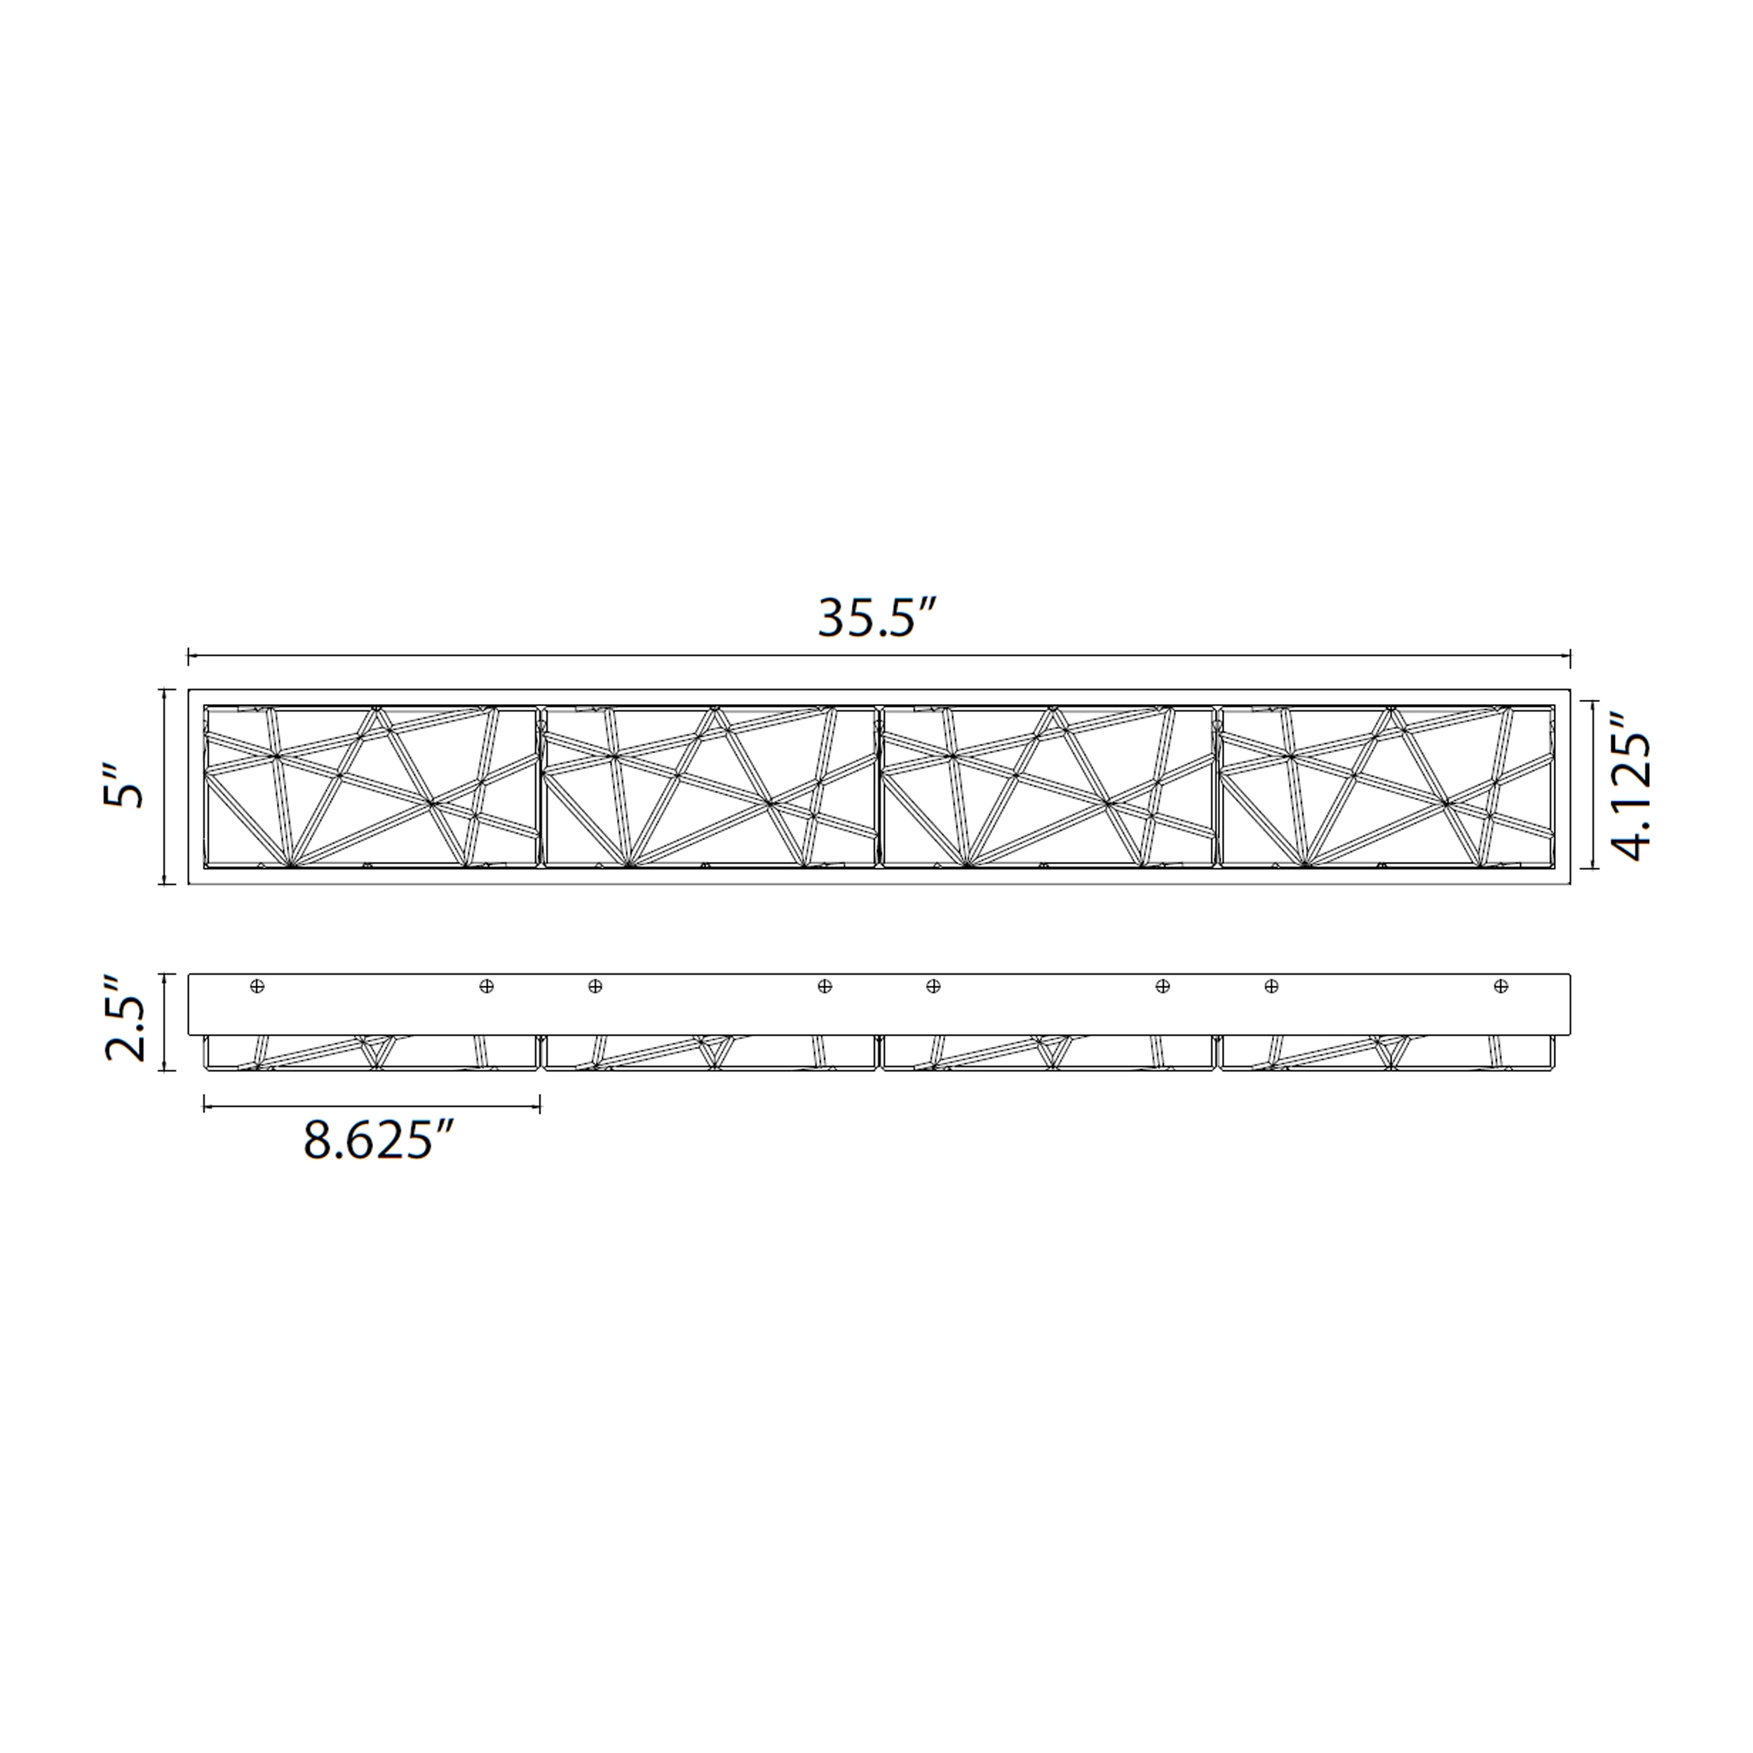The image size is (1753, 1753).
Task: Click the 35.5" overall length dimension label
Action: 876,619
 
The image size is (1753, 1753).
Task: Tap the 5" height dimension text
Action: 123,786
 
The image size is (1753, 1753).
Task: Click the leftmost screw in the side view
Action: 257,985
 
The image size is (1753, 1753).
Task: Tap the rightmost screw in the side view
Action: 1501,985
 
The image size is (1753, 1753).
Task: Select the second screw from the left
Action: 487,985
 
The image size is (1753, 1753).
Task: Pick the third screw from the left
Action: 595,985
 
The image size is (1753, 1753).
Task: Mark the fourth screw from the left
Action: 824,985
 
